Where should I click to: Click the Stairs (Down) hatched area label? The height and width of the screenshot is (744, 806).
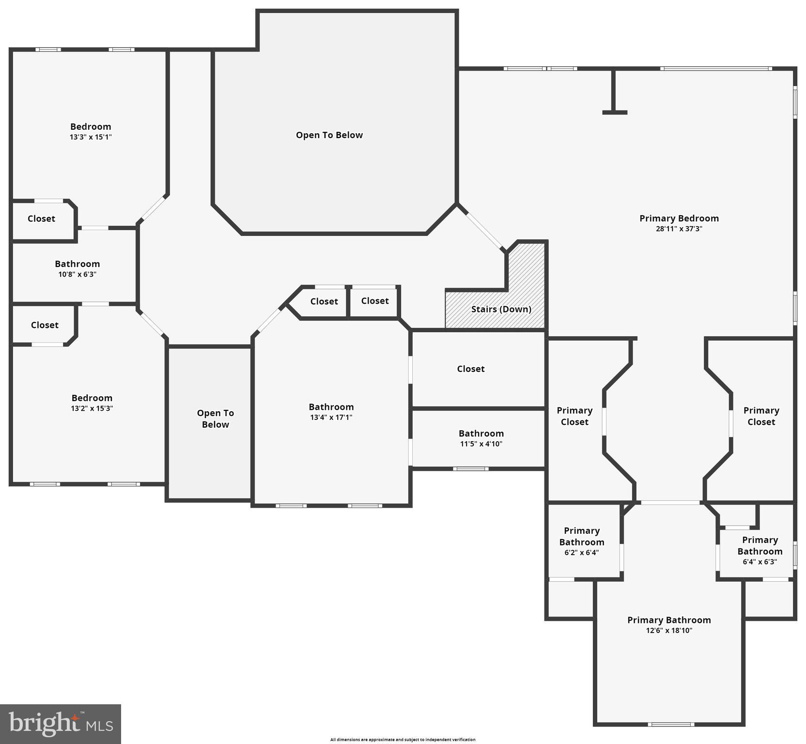pos(501,309)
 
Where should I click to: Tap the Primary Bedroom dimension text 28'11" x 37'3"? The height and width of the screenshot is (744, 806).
pos(679,229)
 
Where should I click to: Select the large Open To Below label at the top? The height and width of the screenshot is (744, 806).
pos(329,135)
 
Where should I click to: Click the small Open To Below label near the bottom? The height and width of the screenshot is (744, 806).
pos(215,418)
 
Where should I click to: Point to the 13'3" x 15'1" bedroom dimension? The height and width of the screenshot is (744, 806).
pos(91,137)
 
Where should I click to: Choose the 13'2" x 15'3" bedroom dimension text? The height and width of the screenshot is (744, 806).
pos(92,408)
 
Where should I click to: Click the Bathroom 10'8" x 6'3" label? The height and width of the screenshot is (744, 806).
pos(77,268)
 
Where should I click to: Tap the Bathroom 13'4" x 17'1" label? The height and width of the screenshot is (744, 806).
pos(331,412)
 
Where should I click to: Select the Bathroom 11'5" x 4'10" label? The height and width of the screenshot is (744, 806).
pos(481,438)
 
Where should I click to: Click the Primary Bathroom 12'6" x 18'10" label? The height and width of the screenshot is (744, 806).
pos(669,624)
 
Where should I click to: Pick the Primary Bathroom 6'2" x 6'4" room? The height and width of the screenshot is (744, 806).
pos(581,541)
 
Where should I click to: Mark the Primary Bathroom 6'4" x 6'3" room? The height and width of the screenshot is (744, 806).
pos(759,550)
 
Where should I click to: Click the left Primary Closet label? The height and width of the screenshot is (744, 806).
pos(574,416)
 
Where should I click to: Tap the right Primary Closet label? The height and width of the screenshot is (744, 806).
pos(761,416)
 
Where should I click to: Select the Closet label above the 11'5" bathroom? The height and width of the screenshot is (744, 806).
pos(470,369)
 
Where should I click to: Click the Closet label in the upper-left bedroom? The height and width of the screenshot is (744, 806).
pos(41,219)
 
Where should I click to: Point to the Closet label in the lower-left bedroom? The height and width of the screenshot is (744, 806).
pos(45,325)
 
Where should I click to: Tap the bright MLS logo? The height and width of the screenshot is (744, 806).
pos(61,724)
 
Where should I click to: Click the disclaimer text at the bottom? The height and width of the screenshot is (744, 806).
pos(403,740)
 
